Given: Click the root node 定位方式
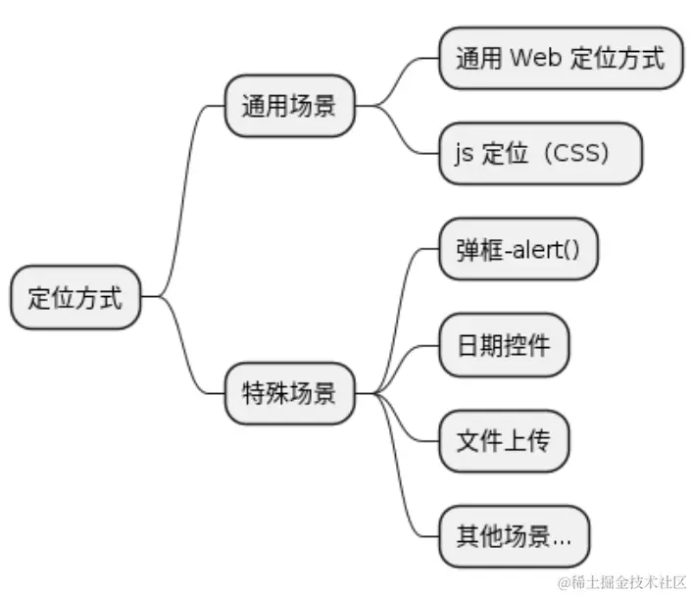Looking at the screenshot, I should click(75, 297).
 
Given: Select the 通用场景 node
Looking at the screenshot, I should click(289, 106).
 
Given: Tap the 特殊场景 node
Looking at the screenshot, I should click(289, 393).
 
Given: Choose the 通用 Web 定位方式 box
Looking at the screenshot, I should click(560, 58).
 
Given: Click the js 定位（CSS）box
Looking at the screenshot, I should click(540, 153).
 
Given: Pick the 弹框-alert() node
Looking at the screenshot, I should click(518, 249).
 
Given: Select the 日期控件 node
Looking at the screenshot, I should click(504, 345).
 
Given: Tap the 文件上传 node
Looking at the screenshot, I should click(504, 440).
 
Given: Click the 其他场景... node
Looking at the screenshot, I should click(514, 536).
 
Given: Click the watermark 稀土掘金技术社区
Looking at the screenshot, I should click(622, 582).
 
